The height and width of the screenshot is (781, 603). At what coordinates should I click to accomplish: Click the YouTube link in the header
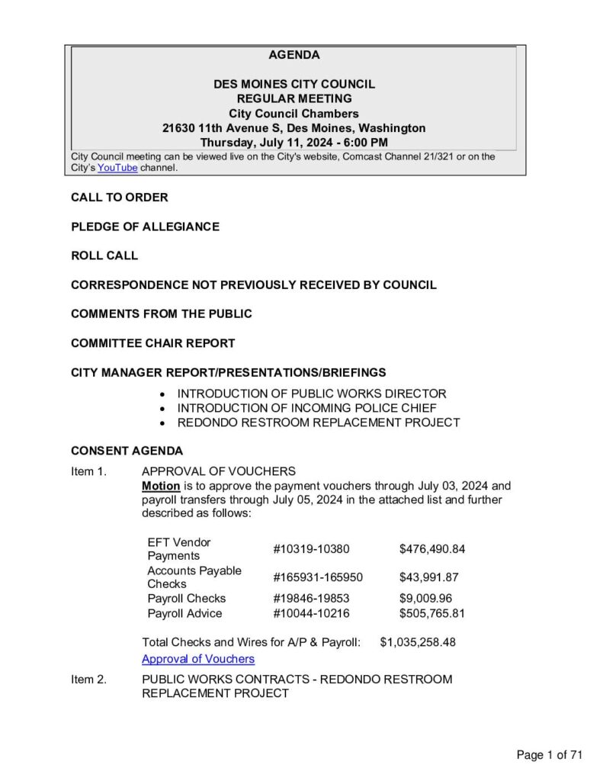(117, 168)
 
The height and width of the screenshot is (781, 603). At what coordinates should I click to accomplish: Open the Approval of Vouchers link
(198, 659)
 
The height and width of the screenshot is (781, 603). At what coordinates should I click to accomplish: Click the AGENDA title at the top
(294, 55)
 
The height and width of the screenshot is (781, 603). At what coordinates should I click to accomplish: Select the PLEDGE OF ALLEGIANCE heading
(145, 227)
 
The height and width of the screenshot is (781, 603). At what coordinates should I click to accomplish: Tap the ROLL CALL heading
(104, 256)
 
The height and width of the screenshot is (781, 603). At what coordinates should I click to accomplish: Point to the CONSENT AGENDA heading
(127, 451)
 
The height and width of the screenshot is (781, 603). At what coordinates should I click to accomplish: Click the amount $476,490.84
(432, 549)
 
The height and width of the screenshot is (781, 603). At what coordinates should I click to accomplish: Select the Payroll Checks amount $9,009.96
(425, 599)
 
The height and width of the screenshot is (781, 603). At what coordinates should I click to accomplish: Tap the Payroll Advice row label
(184, 613)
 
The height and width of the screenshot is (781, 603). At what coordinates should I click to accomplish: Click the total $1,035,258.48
(418, 642)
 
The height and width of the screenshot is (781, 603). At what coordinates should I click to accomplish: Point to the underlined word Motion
(161, 486)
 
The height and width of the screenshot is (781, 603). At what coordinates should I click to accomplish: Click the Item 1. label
(88, 471)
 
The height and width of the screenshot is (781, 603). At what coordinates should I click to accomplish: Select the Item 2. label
(88, 679)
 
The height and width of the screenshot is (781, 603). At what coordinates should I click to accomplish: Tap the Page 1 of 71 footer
(549, 755)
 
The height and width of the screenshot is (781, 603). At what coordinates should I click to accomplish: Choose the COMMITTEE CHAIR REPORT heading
(152, 343)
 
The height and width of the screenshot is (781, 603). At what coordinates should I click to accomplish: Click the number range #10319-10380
(311, 549)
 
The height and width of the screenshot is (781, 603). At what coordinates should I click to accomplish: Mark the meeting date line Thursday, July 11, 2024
(294, 143)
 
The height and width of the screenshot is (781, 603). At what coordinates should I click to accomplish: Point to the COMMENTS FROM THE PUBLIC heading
(162, 313)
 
